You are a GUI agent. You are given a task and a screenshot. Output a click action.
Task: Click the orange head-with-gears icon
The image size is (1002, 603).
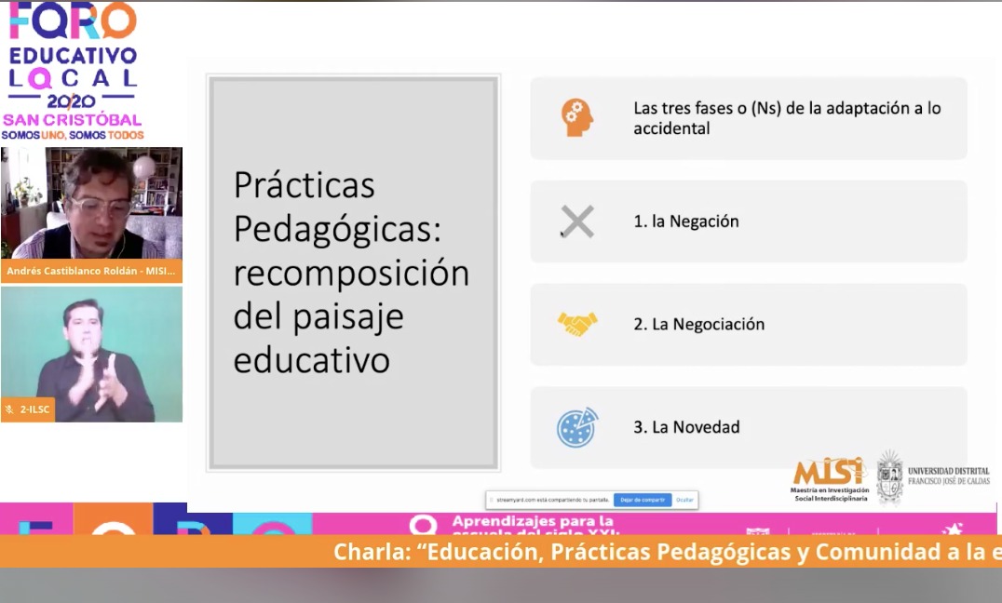577,118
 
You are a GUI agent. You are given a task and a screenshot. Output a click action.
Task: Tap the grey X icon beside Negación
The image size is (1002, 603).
577,221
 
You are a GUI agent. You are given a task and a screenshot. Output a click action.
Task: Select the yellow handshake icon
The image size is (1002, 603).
577,324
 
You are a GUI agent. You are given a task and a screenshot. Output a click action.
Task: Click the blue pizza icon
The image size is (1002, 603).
577,427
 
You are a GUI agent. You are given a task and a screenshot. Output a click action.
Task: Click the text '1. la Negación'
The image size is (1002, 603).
685,221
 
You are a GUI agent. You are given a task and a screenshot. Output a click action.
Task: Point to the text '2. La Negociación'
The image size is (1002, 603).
698,324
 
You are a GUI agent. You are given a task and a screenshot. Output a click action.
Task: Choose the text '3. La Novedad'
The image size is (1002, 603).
686,427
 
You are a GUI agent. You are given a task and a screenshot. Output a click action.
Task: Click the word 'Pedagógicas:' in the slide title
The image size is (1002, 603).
336,229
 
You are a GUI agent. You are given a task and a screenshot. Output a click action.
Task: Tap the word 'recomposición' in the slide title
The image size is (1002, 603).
351,274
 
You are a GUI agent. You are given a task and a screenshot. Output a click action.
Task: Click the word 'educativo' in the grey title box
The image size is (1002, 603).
311,361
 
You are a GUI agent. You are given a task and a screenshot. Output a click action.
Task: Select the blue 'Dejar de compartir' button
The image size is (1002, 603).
642,500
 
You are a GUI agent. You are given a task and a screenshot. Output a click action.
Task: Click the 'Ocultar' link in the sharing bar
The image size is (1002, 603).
684,500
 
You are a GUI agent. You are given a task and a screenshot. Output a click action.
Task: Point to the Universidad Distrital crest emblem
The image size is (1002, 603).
889,476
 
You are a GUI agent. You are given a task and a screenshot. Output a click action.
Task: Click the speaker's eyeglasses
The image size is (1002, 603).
100,207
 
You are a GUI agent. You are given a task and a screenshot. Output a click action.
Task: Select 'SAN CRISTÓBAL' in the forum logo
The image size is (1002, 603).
72,120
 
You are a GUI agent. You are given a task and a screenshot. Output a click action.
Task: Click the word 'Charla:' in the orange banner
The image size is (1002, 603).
372,552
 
